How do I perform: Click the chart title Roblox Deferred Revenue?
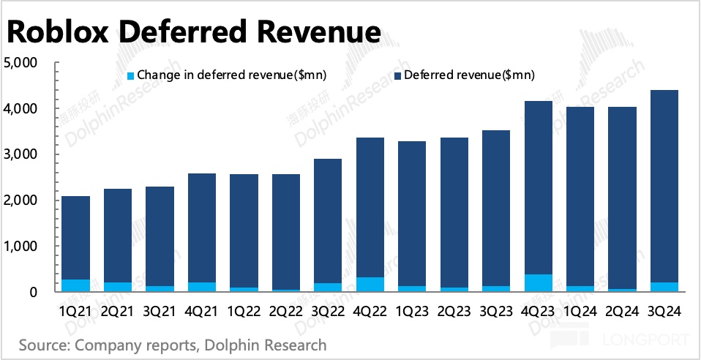(194, 33)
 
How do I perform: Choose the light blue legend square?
(131, 75)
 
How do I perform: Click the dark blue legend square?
(397, 75)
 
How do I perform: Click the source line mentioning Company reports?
(173, 344)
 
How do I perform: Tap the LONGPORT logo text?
(643, 340)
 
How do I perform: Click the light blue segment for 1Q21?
(76, 285)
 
